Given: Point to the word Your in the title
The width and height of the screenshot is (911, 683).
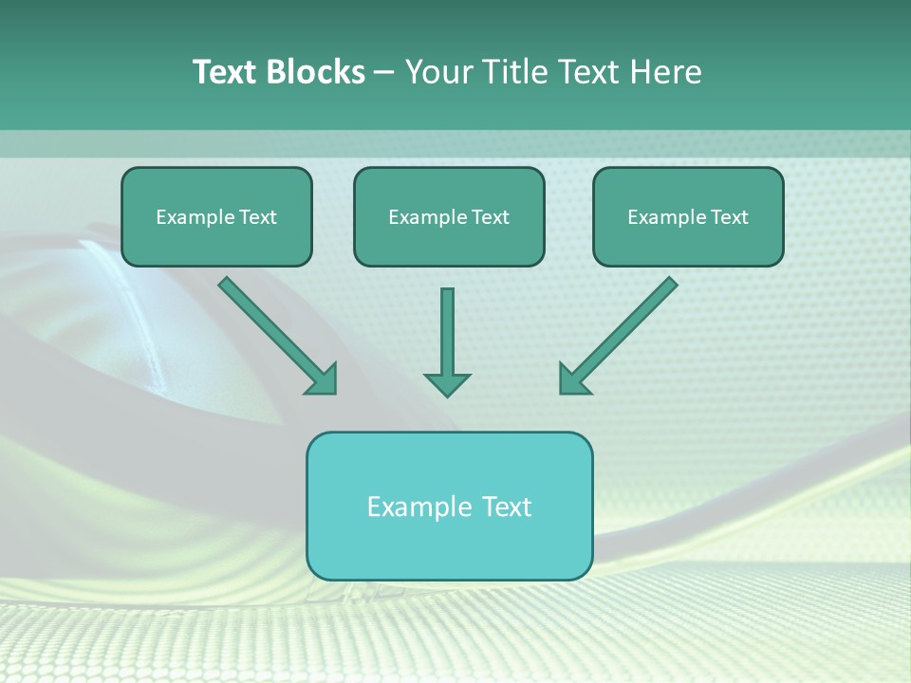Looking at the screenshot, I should (439, 72).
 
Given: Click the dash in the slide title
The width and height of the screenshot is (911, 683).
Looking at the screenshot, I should (384, 73).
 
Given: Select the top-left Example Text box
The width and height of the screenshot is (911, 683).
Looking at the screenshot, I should (216, 217).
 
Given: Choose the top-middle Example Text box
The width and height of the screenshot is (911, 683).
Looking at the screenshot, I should (449, 217).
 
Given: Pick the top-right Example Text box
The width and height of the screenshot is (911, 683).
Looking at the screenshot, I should (688, 217).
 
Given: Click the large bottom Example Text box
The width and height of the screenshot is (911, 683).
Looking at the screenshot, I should (449, 506).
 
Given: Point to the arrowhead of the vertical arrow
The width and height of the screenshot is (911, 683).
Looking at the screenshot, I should (447, 383).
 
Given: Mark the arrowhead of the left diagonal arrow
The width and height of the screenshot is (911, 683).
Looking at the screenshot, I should (323, 379).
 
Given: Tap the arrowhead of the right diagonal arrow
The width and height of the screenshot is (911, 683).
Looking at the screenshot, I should (573, 379).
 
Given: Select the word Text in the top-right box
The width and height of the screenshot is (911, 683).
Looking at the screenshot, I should (729, 217).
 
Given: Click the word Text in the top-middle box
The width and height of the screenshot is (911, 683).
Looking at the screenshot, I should (490, 217).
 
